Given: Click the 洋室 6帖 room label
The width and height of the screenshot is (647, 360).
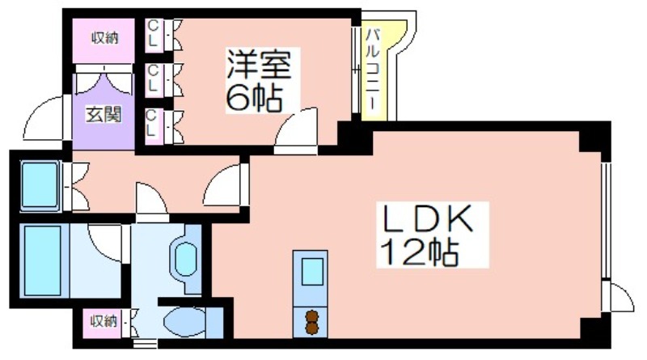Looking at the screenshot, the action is (x=259, y=81).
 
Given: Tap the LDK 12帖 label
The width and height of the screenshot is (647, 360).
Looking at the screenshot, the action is (x=428, y=234).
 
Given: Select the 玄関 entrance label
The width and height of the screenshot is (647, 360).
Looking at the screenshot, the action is (x=104, y=115).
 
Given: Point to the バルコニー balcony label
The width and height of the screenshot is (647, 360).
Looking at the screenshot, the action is (x=372, y=69).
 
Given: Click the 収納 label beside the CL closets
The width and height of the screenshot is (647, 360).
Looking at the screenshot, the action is (x=105, y=38).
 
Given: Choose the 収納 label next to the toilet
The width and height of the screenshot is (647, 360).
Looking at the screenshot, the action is (x=104, y=320).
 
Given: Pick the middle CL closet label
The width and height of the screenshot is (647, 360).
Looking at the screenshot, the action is (x=153, y=78).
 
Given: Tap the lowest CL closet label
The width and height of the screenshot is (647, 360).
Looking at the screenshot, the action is (x=151, y=123).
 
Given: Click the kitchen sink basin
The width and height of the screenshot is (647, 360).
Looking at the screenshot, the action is (x=312, y=272).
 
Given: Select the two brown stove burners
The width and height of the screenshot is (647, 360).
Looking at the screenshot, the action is (x=312, y=322).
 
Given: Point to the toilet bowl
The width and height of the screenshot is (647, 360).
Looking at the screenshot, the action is (x=184, y=321).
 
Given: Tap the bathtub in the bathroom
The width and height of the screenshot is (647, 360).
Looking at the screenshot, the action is (x=44, y=260).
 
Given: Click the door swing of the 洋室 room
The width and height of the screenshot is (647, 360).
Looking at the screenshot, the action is (x=296, y=128).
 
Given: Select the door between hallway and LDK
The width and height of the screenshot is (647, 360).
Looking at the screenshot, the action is (x=224, y=185).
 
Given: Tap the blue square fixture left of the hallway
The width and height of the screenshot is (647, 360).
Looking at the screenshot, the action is (x=40, y=184).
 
